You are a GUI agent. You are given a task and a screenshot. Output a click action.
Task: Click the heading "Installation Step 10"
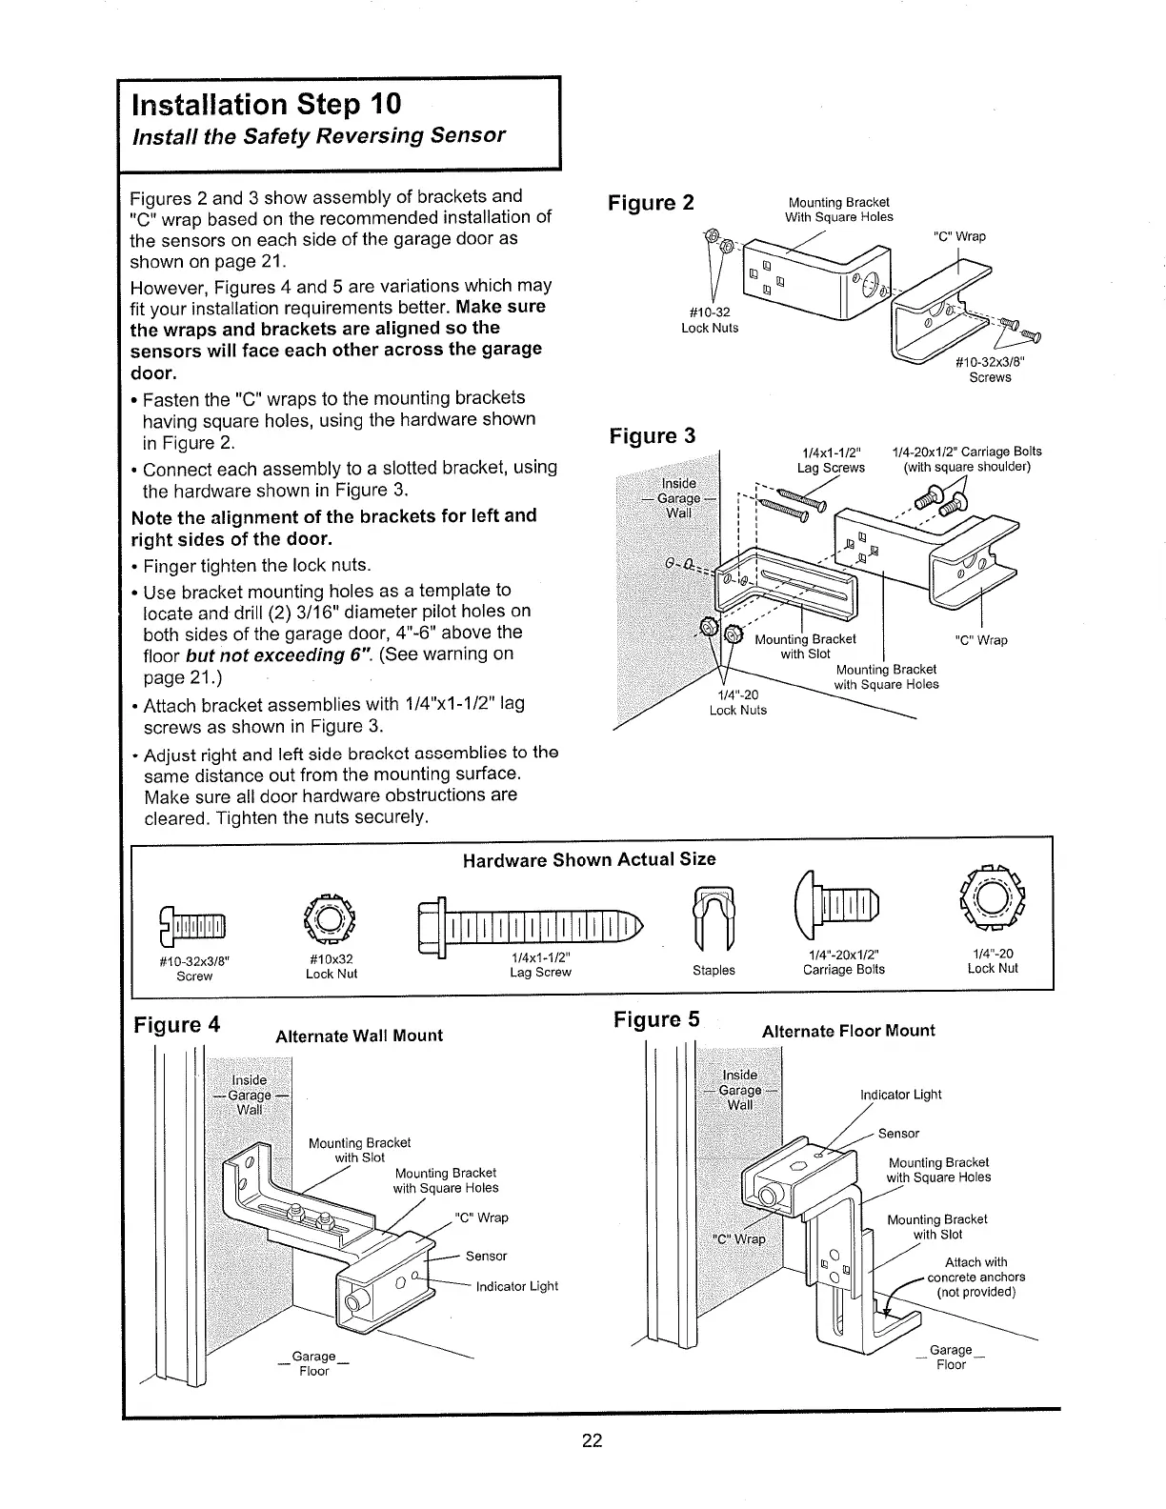[267, 103]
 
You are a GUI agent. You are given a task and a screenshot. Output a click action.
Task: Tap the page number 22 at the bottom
[593, 1440]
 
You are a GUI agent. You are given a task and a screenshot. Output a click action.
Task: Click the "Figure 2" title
[652, 203]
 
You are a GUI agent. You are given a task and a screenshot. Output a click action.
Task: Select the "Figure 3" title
[652, 436]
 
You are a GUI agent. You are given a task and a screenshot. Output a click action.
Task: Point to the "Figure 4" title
[177, 1025]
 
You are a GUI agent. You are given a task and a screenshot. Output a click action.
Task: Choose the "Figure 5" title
[656, 1020]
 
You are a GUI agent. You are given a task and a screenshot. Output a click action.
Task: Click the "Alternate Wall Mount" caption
[358, 1036]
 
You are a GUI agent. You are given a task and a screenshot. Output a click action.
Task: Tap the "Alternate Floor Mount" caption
[849, 1031]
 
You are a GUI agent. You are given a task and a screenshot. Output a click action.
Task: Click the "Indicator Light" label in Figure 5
[900, 1095]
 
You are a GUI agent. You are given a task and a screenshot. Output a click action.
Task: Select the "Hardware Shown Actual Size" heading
[589, 859]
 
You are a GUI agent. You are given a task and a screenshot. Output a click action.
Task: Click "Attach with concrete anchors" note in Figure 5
[975, 1277]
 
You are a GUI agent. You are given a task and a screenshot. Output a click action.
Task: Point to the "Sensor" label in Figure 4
[486, 1257]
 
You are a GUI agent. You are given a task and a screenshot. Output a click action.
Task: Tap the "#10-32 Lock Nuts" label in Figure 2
[709, 320]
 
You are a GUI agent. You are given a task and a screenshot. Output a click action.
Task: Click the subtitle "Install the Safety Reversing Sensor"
[318, 135]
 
